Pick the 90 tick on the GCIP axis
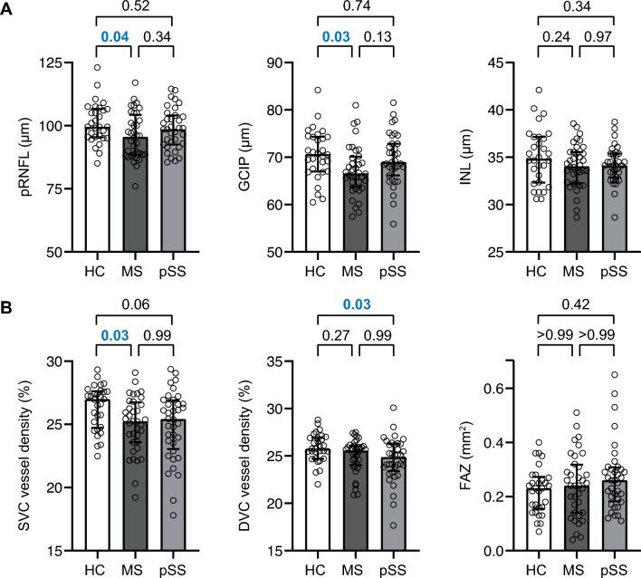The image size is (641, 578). click(272, 63)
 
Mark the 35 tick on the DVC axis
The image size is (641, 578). click(272, 361)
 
